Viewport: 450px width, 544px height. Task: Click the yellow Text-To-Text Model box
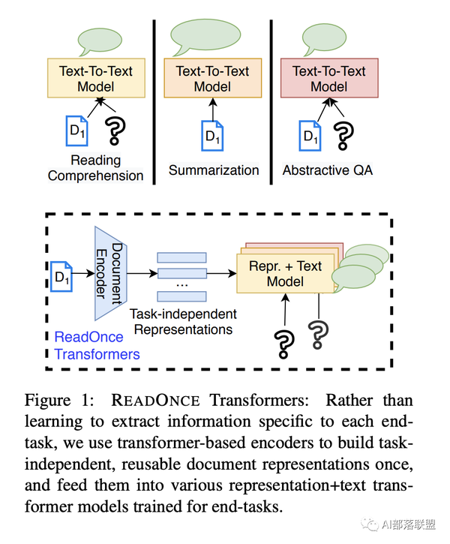coord(95,79)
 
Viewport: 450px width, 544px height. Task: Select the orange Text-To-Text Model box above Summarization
coord(212,79)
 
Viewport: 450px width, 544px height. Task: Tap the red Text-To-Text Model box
coord(328,79)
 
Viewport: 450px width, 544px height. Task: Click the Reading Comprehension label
coord(95,168)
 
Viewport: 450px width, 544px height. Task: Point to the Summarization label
coord(214,170)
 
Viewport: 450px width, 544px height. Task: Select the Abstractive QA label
coord(327,170)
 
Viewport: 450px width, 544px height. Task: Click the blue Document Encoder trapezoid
coord(109,272)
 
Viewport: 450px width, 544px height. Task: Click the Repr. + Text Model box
coord(285,273)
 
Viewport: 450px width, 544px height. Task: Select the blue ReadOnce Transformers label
coord(97,345)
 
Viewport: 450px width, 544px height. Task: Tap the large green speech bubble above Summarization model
coord(205,35)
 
